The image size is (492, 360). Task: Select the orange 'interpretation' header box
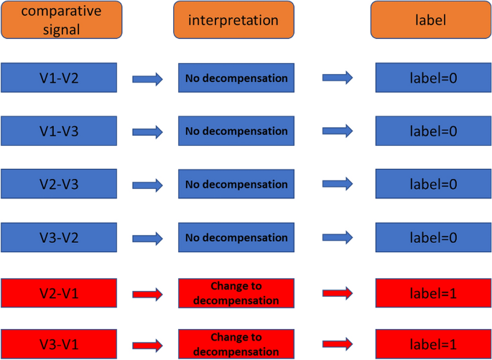pyautogui.click(x=233, y=19)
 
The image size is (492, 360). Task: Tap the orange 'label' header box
pyautogui.click(x=431, y=19)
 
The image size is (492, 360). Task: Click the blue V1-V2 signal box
pyautogui.click(x=59, y=78)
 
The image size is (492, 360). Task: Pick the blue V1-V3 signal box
pyautogui.click(x=59, y=131)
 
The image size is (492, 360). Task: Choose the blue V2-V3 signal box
pyautogui.click(x=59, y=184)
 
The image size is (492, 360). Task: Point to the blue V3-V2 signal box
pyautogui.click(x=59, y=237)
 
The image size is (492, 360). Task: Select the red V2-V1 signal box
pyautogui.click(x=59, y=292)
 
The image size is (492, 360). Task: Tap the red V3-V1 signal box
pyautogui.click(x=59, y=343)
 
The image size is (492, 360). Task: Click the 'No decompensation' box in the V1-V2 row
pyautogui.click(x=236, y=78)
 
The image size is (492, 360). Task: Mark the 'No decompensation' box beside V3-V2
pyautogui.click(x=236, y=237)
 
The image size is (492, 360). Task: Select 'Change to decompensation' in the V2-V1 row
pyautogui.click(x=236, y=293)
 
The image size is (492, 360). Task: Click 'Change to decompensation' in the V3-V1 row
pyautogui.click(x=236, y=344)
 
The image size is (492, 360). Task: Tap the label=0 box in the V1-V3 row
pyautogui.click(x=433, y=131)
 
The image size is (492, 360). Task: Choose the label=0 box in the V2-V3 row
pyautogui.click(x=433, y=184)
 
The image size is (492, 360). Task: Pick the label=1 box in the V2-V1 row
pyautogui.click(x=433, y=293)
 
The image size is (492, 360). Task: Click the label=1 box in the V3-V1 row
pyautogui.click(x=433, y=344)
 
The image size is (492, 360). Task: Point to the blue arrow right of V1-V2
pyautogui.click(x=148, y=78)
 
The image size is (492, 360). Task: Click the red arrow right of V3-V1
pyautogui.click(x=148, y=344)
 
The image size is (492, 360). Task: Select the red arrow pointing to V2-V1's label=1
pyautogui.click(x=338, y=293)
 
